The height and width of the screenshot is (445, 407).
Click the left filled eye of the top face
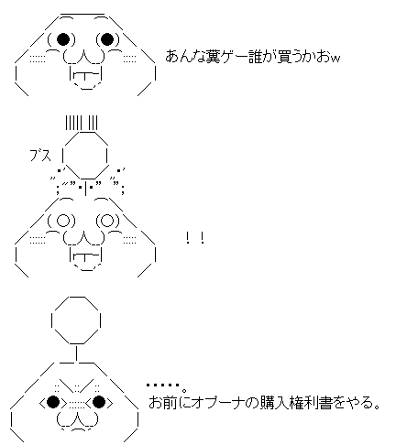(x=63, y=38)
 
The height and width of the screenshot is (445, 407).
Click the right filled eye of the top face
(x=107, y=38)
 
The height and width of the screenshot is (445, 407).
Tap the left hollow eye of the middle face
(x=63, y=221)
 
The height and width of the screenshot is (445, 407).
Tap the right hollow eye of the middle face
(x=107, y=221)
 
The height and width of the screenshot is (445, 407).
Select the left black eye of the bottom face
(x=53, y=402)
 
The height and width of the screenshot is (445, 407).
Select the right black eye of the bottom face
(x=99, y=402)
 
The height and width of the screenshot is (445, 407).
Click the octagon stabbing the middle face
(x=85, y=156)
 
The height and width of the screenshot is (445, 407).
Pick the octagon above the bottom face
(x=76, y=320)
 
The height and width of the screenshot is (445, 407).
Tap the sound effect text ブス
(x=40, y=156)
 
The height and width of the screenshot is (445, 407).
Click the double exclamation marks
(x=195, y=238)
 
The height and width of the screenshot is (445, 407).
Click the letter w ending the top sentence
(x=335, y=59)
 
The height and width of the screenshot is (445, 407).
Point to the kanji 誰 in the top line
(x=255, y=57)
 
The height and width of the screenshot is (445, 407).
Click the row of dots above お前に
(x=163, y=385)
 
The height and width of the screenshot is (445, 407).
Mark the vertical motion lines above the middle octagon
(x=82, y=123)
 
